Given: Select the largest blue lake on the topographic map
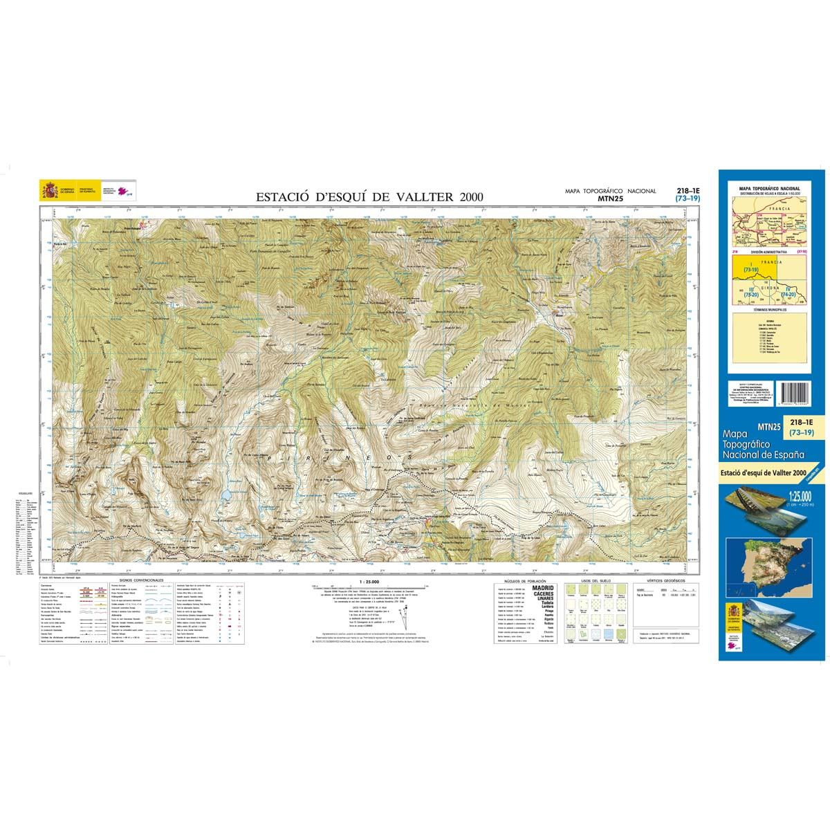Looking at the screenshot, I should click(226, 495).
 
